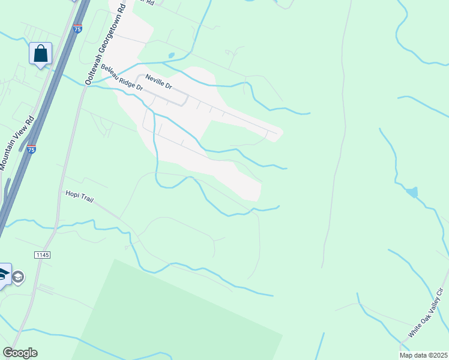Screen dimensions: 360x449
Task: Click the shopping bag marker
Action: pyautogui.click(x=40, y=53)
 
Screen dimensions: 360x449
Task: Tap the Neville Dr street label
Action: pyautogui.click(x=158, y=82)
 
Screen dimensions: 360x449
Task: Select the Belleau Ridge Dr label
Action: pyautogui.click(x=122, y=78)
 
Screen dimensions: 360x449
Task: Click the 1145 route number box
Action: pyautogui.click(x=43, y=255)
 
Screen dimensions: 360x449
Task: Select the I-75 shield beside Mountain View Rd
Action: pyautogui.click(x=31, y=148)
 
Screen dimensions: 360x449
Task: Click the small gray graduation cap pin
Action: pyautogui.click(x=18, y=277)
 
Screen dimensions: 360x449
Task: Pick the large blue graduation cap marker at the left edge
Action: pyautogui.click(x=3, y=275)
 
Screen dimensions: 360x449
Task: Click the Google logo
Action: pyautogui.click(x=20, y=353)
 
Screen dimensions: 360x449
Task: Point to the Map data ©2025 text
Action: pyautogui.click(x=423, y=355)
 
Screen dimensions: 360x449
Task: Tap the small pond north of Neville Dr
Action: pyautogui.click(x=172, y=55)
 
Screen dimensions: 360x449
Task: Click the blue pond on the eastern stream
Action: pyautogui.click(x=411, y=192)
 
